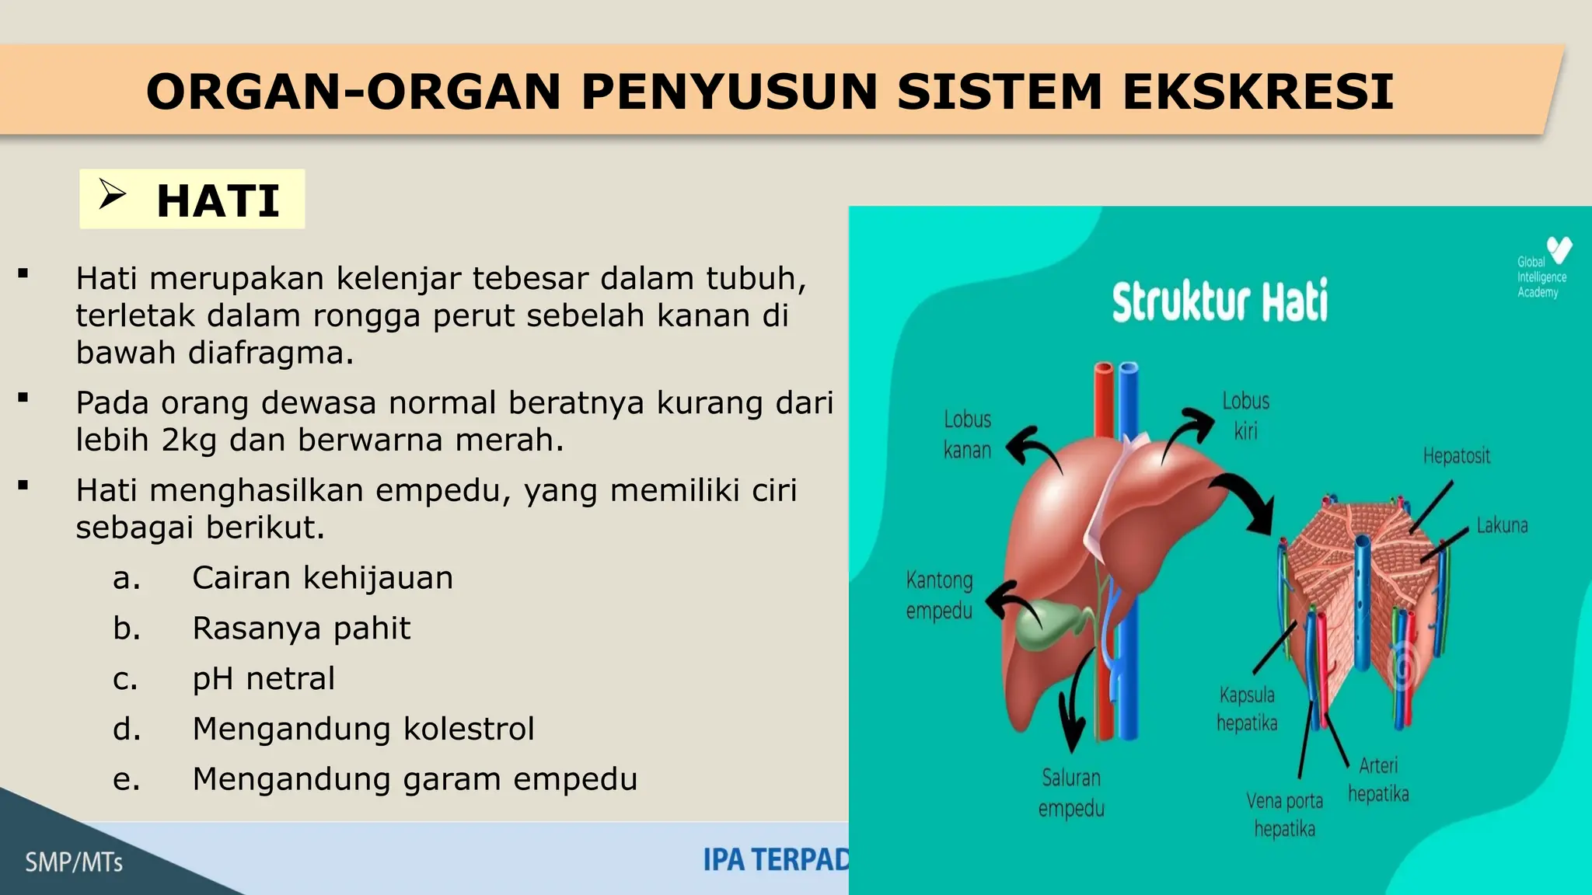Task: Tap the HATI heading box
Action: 192,199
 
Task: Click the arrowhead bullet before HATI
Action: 112,193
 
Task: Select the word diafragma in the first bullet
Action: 271,353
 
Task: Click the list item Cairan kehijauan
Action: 323,578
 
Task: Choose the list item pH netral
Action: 264,678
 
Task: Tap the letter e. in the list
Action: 127,779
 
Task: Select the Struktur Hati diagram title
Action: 1220,301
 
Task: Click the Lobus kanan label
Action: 967,434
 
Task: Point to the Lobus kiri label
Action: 1245,416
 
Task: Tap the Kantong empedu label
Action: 939,595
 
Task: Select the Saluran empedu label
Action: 1071,792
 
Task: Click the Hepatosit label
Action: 1456,456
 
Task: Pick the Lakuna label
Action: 1502,526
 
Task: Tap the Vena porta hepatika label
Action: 1284,814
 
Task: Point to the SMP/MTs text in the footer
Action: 74,862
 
